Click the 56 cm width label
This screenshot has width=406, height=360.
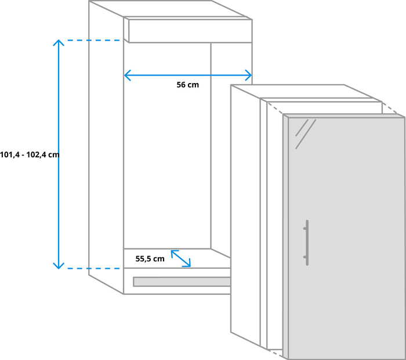[x=187, y=85]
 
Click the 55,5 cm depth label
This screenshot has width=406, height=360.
[x=150, y=259]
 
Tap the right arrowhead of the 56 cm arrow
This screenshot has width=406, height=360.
[x=249, y=75]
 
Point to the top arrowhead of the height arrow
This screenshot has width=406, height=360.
[x=58, y=43]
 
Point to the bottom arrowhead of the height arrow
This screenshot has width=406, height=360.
[x=58, y=266]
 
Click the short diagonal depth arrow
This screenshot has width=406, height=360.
[x=180, y=258]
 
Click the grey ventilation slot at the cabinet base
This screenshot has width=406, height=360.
[x=182, y=282]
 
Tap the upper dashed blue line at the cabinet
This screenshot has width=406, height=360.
[x=93, y=40]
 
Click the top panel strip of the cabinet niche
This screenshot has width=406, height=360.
[x=190, y=31]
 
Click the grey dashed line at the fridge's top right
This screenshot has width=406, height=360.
[x=394, y=109]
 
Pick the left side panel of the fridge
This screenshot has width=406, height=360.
[x=245, y=215]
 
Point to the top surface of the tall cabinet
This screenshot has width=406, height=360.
[x=168, y=9]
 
